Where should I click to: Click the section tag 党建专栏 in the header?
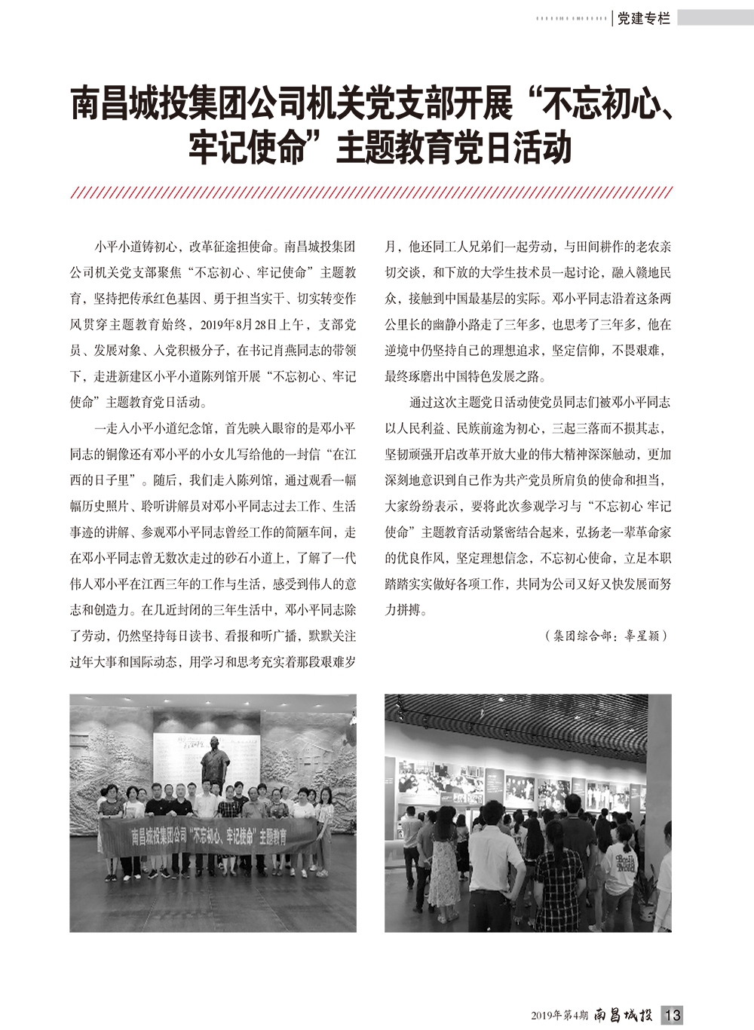click(643, 18)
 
